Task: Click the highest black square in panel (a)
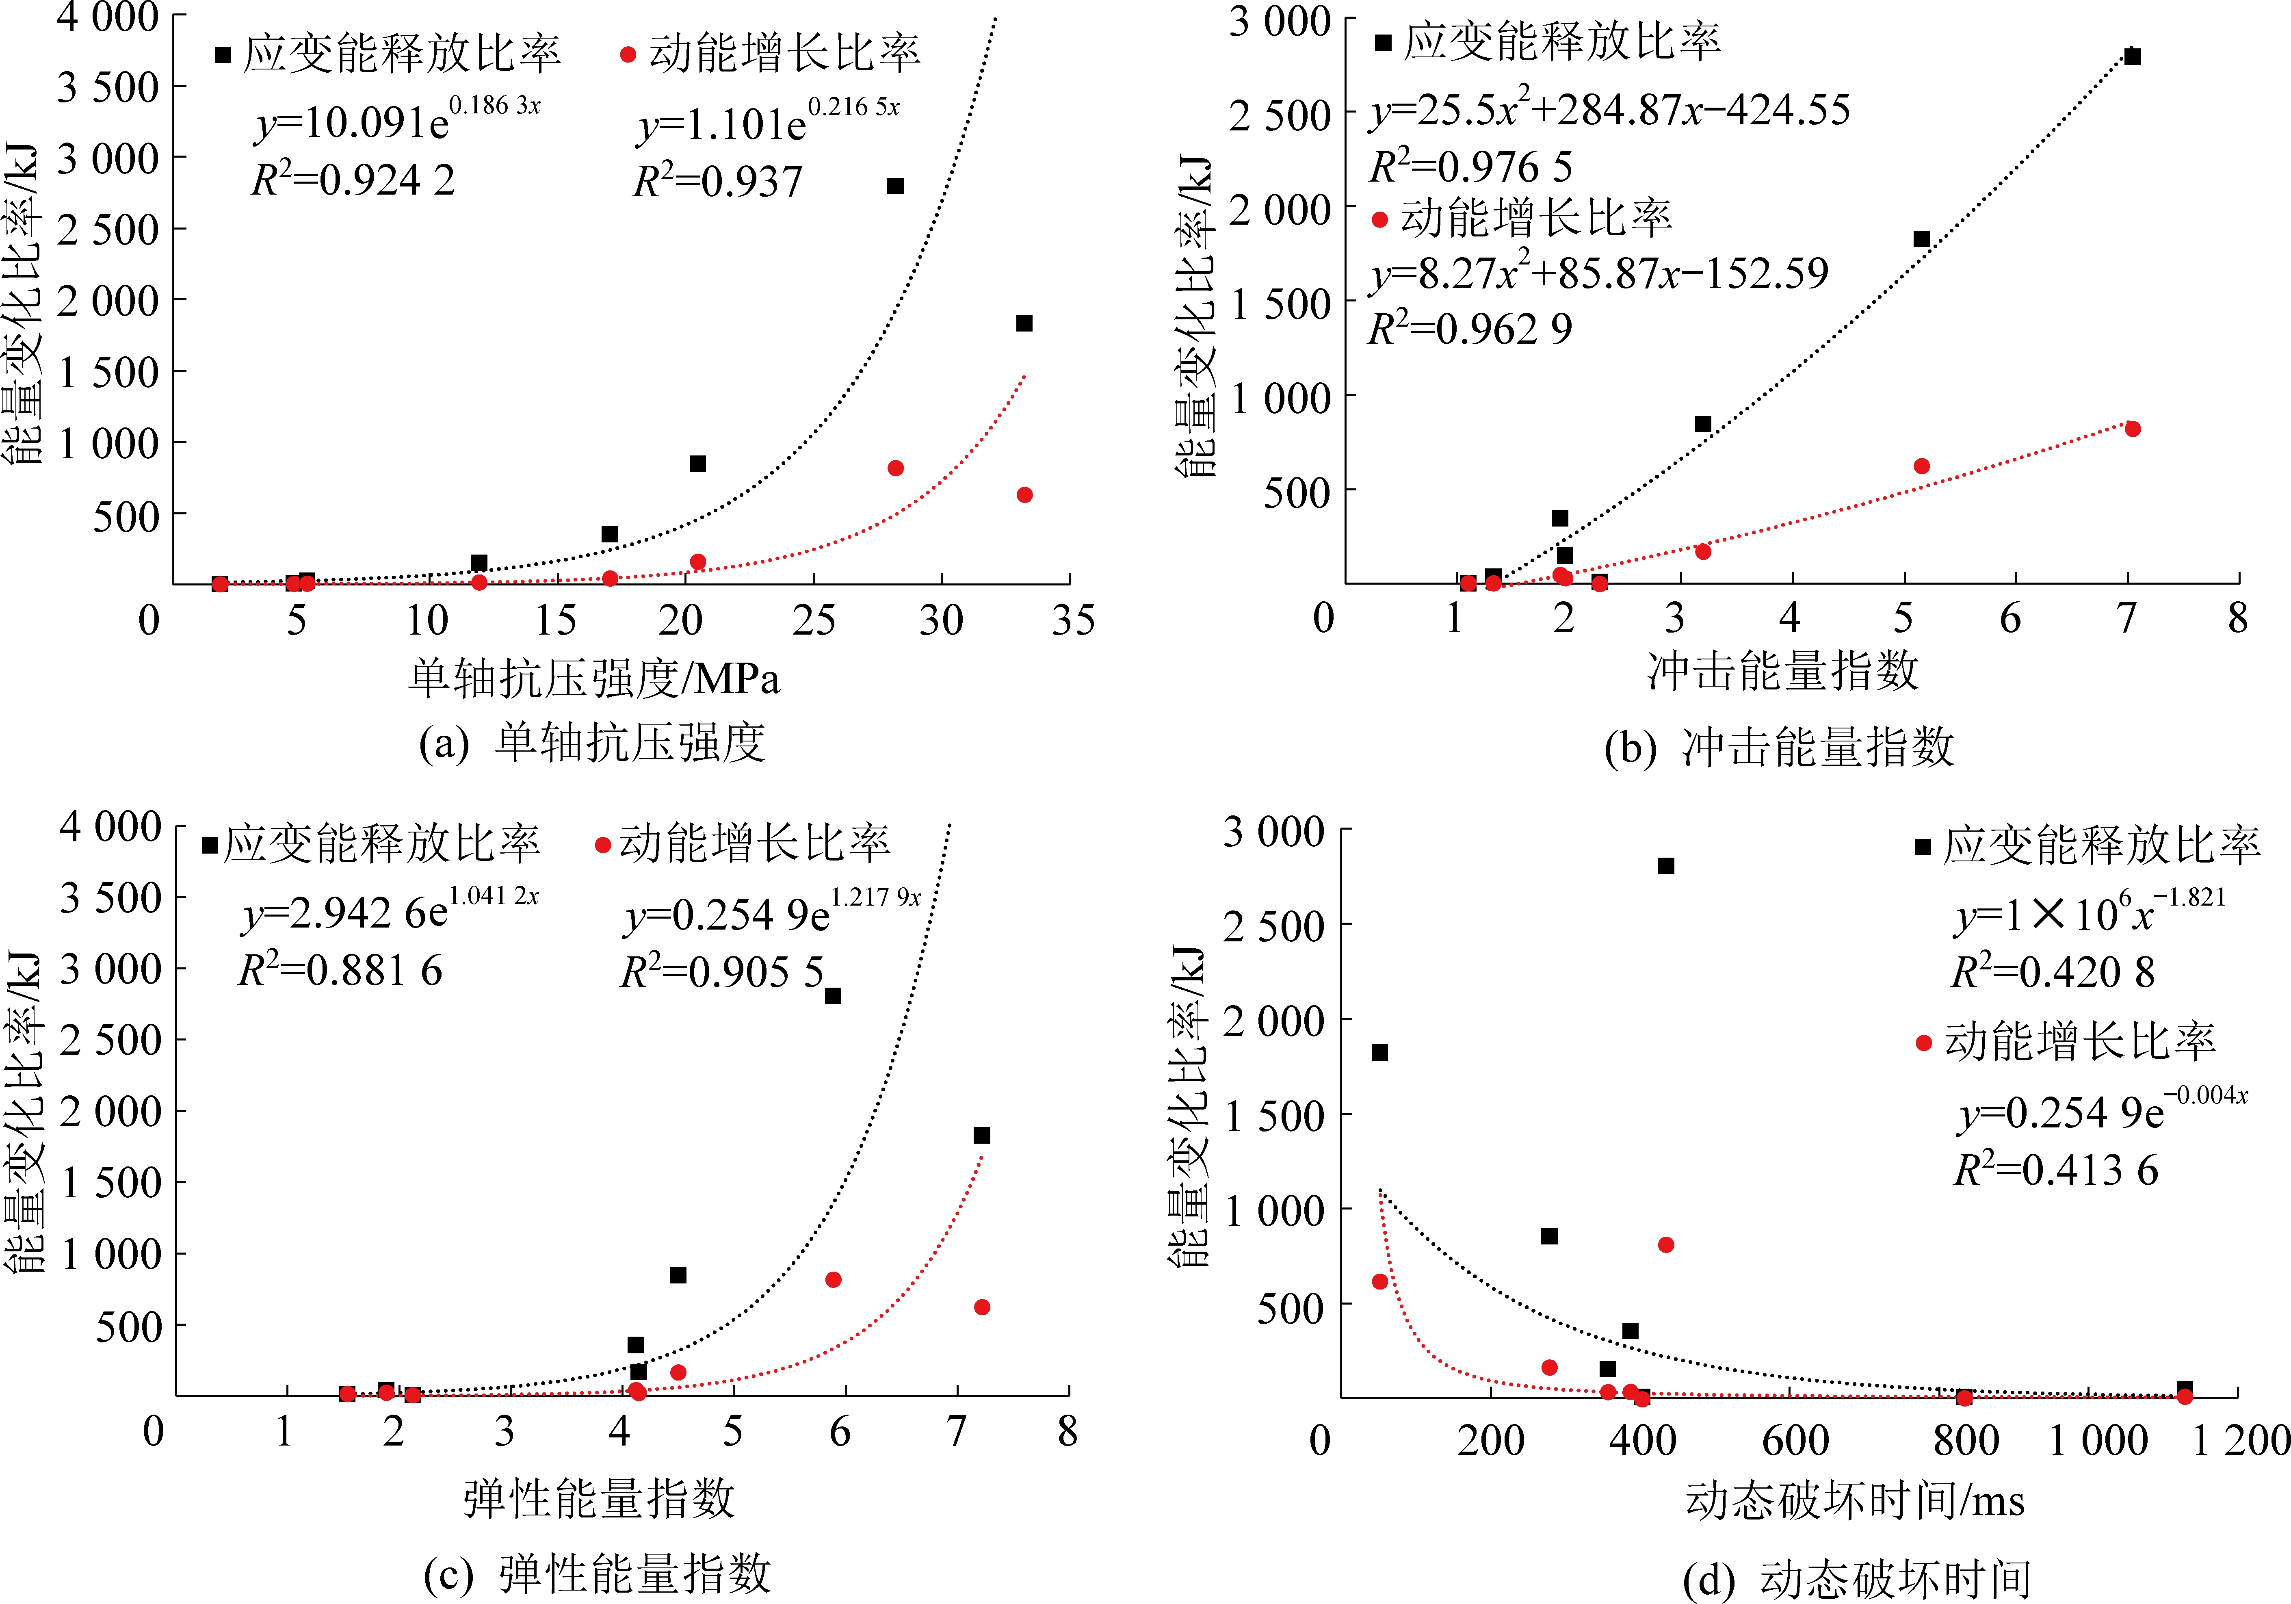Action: point(895,186)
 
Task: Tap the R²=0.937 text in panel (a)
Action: point(717,182)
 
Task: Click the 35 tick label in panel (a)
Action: point(1073,621)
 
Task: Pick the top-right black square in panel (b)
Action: point(2132,57)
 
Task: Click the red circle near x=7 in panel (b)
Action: point(2132,429)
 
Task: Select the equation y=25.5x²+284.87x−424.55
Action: point(1609,110)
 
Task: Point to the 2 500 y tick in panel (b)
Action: point(1280,116)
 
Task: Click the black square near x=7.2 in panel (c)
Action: point(982,1136)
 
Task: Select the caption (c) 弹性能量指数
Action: point(597,1574)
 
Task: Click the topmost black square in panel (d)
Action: point(1665,866)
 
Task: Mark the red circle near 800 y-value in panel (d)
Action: point(1665,1245)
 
